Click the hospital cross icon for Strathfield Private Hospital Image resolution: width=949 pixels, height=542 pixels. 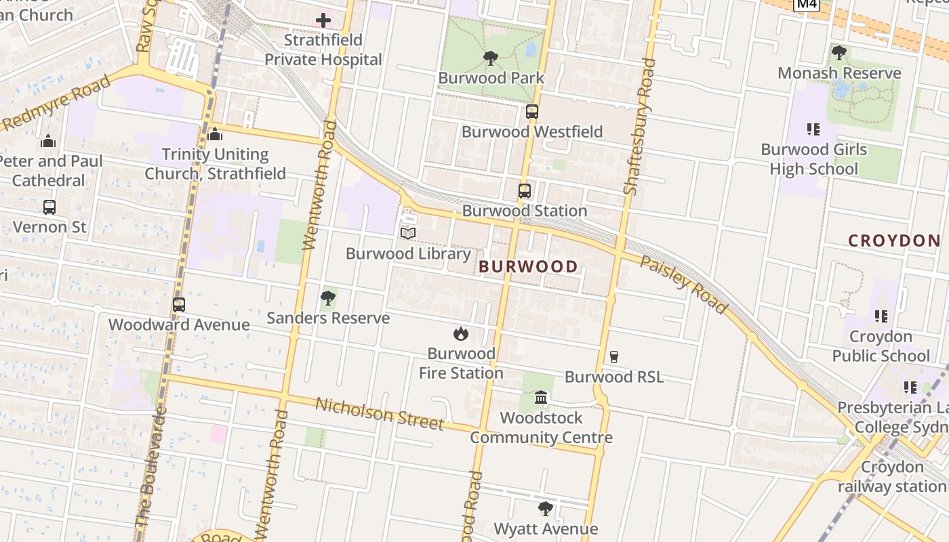click(x=323, y=20)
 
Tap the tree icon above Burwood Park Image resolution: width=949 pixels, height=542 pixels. click(x=490, y=59)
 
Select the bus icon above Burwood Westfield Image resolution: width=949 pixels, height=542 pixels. click(x=532, y=112)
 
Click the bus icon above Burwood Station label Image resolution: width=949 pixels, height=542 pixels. click(x=525, y=191)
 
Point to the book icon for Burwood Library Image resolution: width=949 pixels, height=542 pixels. click(x=407, y=234)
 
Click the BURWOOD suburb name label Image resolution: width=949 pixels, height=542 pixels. click(x=528, y=267)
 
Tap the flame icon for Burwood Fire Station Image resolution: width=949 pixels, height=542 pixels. click(x=461, y=333)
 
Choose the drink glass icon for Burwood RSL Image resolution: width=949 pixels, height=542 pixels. click(x=614, y=357)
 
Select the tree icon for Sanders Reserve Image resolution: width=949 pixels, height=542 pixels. click(x=328, y=298)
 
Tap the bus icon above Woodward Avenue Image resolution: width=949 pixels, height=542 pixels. click(x=179, y=305)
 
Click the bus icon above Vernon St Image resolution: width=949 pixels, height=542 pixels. click(x=49, y=207)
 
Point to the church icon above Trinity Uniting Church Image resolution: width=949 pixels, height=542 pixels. click(x=216, y=135)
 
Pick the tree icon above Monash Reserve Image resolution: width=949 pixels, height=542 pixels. click(x=839, y=53)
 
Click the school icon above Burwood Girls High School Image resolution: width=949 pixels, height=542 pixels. click(x=813, y=129)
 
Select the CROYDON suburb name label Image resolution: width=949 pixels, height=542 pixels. click(x=894, y=241)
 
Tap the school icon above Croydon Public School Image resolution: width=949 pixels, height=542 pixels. click(x=881, y=316)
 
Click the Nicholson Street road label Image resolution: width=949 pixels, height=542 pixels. click(x=380, y=413)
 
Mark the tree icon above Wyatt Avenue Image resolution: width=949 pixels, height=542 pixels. click(x=546, y=509)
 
